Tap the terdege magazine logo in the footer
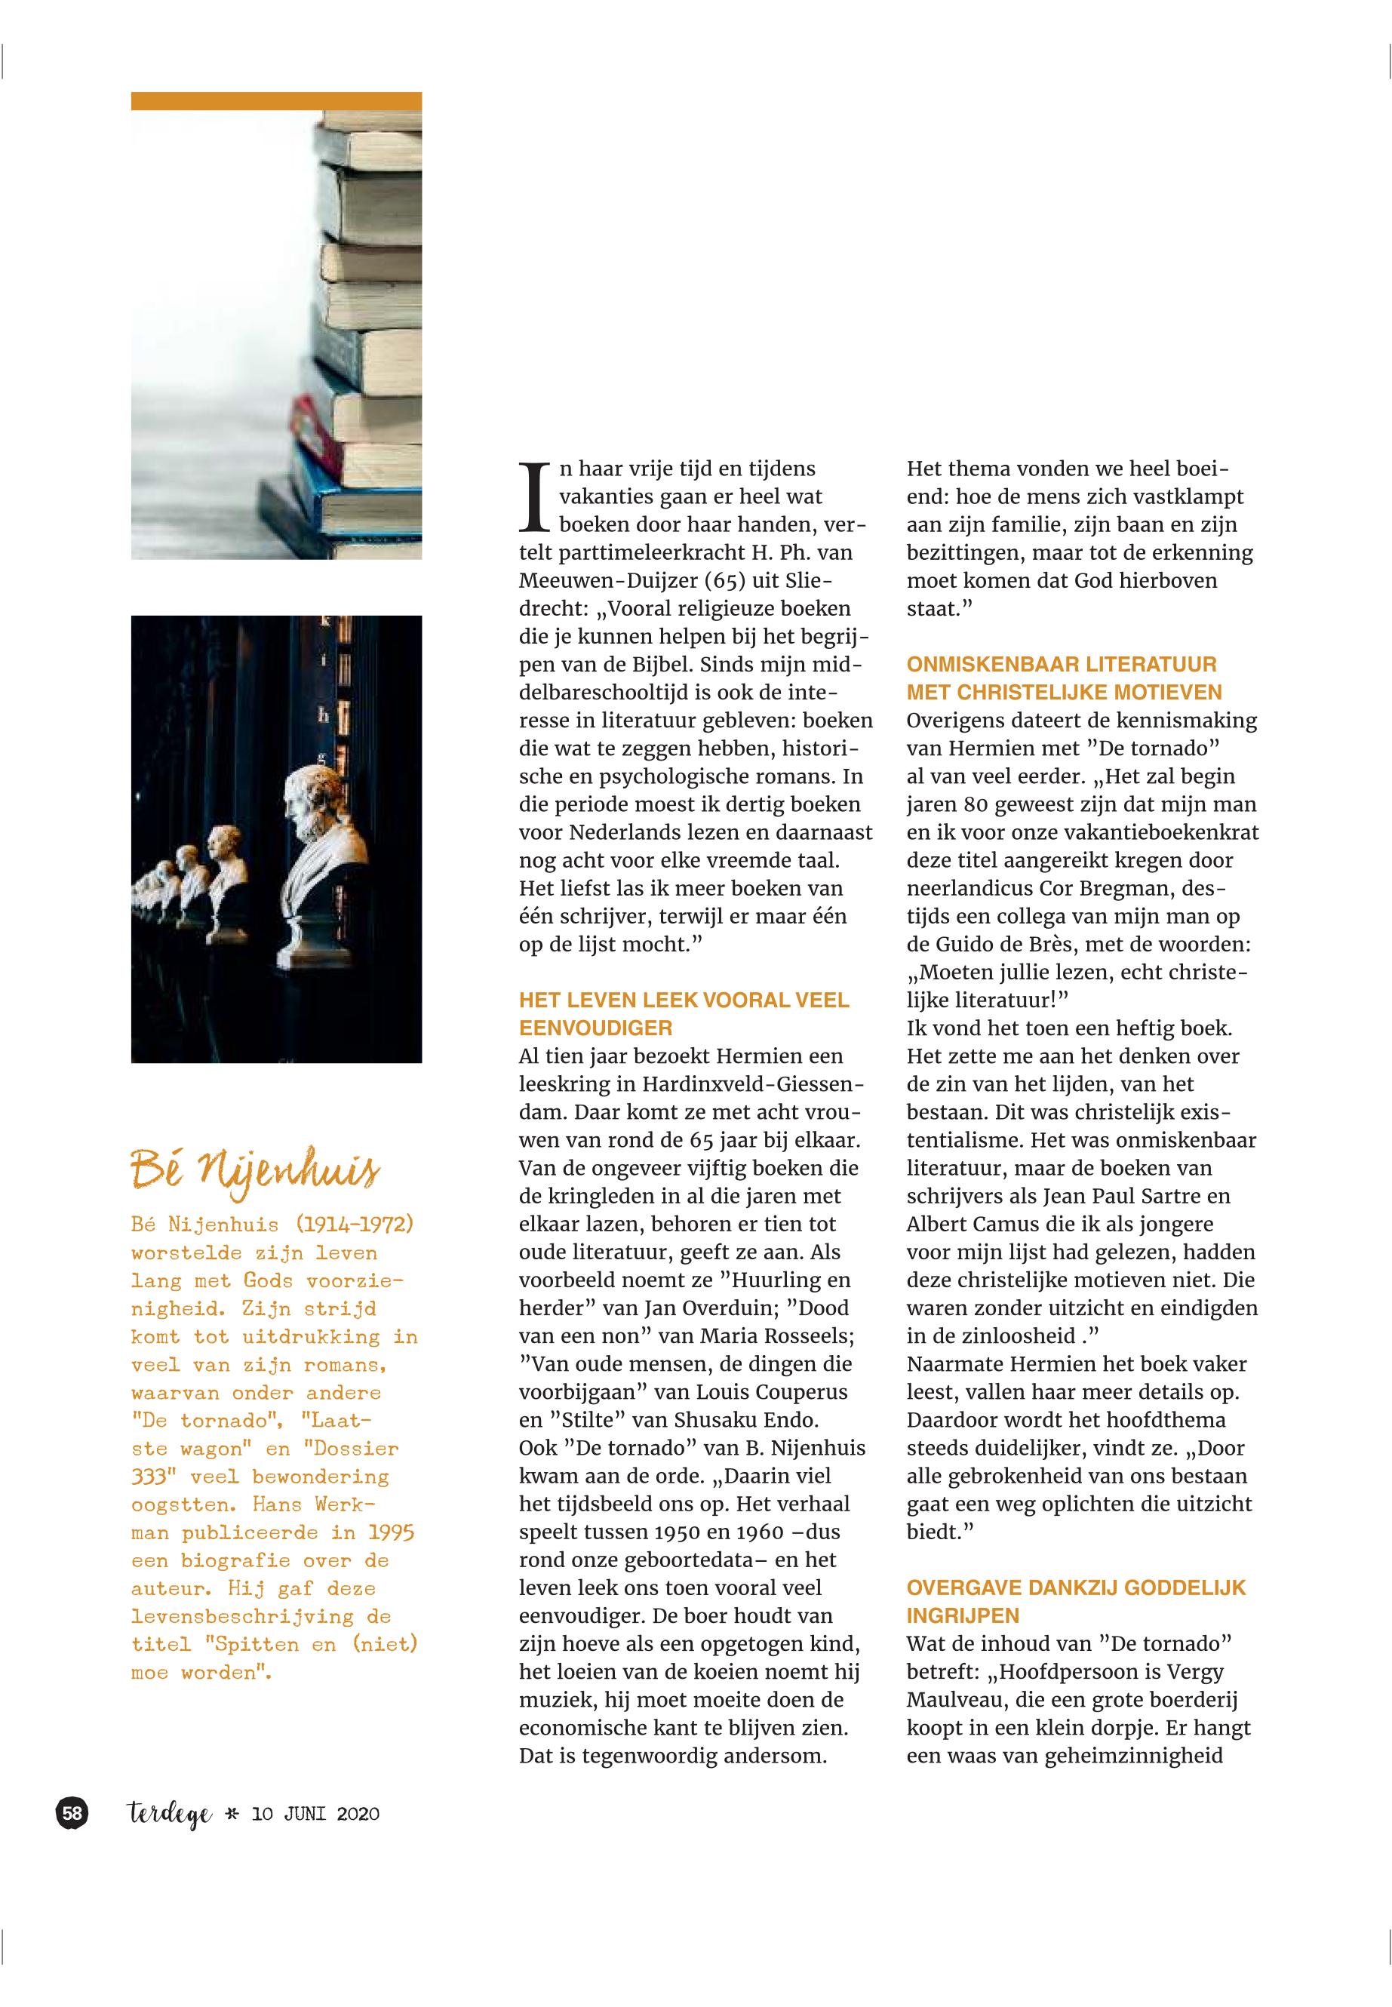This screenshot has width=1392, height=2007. tap(169, 1816)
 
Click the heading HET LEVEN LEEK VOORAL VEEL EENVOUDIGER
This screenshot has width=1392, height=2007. tap(683, 1013)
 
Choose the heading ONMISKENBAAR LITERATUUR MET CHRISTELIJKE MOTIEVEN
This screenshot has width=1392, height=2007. tap(1064, 678)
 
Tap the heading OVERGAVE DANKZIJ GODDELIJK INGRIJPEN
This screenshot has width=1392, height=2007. tap(1075, 1600)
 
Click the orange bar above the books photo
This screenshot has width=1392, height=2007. tap(275, 101)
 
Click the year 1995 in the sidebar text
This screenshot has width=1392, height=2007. tap(391, 1532)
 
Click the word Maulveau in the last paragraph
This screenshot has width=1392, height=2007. tap(951, 1700)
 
